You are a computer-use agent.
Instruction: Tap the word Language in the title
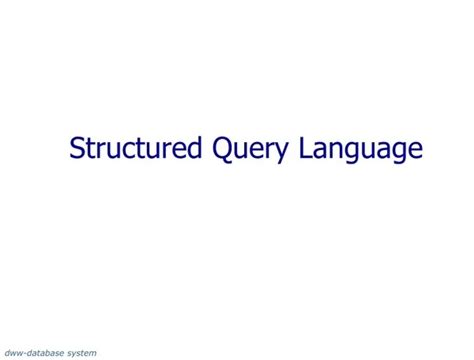[x=351, y=151]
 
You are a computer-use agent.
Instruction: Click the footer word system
[x=81, y=352]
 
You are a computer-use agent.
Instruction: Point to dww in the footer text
[x=14, y=352]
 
